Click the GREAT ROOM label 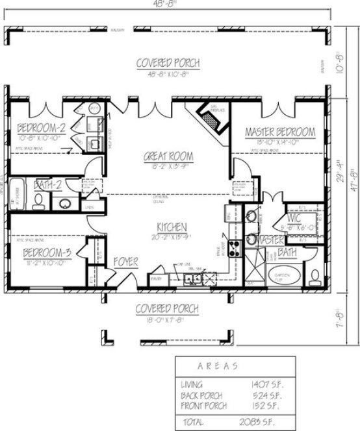tap(168, 156)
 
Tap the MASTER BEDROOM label tap(279, 132)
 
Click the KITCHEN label tap(172, 227)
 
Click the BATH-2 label tap(47, 185)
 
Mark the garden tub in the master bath tap(285, 275)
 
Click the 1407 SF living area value tap(266, 384)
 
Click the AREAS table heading tap(217, 366)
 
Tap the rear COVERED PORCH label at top tap(168, 63)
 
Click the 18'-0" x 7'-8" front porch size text tap(168, 319)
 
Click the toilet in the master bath tap(315, 276)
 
